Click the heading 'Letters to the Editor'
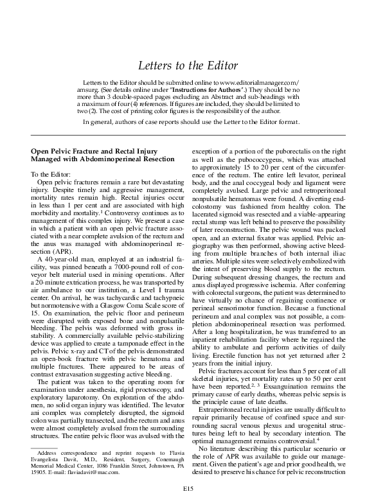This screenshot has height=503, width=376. [x=188, y=66]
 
